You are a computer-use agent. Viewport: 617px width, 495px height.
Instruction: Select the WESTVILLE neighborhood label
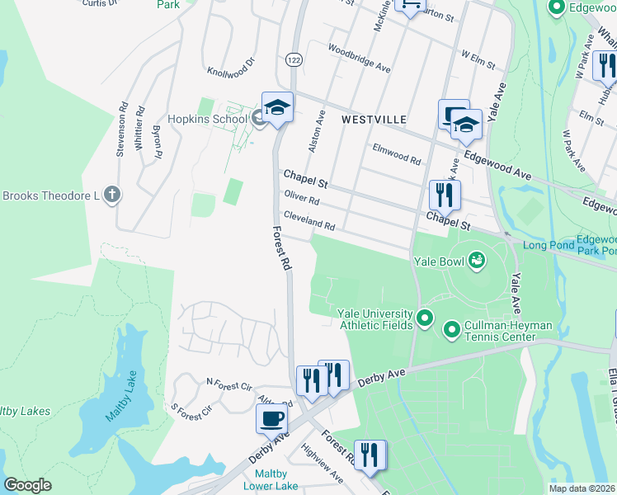pos(374,120)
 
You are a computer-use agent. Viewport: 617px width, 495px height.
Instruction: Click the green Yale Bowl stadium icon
pos(476,262)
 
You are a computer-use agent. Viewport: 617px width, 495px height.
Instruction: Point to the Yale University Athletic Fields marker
pos(425,318)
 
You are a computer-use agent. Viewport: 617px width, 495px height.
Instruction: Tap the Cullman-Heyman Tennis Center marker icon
pos(451,331)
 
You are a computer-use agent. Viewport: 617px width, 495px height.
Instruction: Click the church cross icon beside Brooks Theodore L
pos(113,196)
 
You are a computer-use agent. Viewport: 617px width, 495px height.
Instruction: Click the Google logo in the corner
pos(27,484)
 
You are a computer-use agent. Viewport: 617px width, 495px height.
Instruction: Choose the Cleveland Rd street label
pos(309,220)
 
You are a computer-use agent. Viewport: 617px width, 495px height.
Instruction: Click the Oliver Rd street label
pos(301,198)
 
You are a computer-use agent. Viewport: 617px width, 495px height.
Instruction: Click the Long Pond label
pos(545,245)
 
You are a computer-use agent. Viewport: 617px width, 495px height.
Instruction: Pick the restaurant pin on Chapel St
pos(445,195)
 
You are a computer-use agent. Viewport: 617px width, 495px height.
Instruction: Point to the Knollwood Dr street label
pos(232,65)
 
